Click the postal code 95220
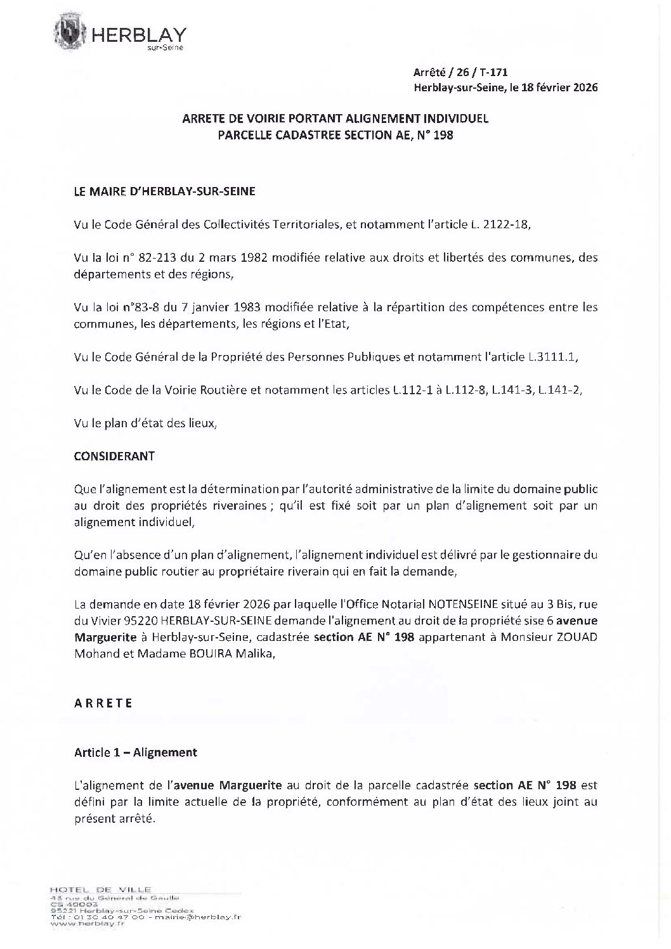[143, 621]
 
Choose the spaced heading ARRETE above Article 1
[103, 703]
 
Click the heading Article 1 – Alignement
[136, 752]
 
